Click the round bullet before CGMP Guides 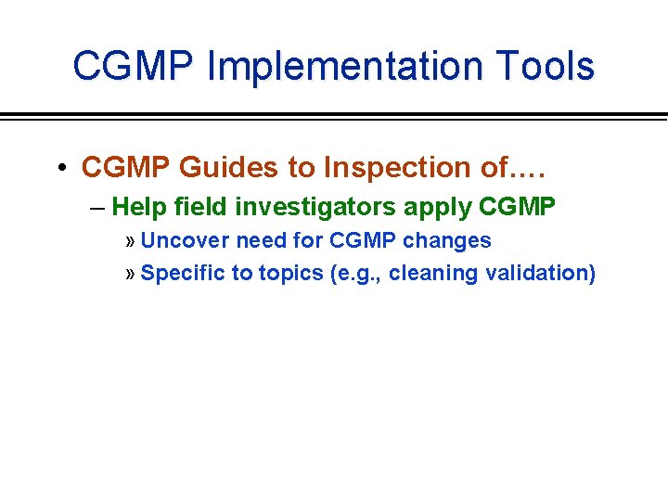(x=59, y=169)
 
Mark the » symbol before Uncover (x=130, y=241)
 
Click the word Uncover (x=186, y=240)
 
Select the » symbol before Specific (x=130, y=274)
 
